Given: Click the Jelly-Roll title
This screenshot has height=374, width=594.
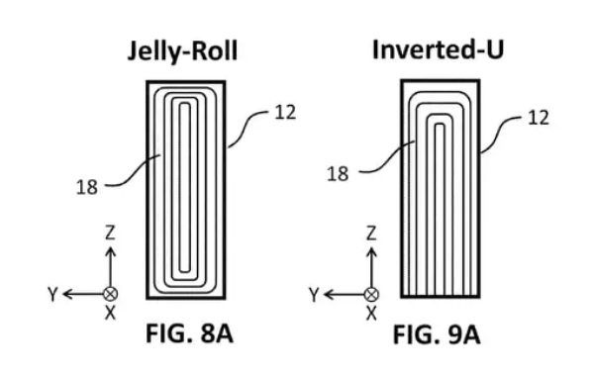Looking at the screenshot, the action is point(182,51).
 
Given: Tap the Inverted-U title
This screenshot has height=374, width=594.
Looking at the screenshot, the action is point(438,49).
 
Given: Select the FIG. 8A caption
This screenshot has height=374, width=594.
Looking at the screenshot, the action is point(189,333).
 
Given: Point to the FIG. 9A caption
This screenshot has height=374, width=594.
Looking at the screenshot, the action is point(437,335).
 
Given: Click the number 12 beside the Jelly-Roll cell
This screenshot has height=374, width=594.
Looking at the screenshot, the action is point(285,113).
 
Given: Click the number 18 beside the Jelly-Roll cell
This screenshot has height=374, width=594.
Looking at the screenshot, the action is point(87,187).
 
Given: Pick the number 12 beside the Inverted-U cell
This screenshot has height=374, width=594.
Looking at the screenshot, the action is point(538,118).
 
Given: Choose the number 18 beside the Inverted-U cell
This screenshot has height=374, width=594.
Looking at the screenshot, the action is point(338,174).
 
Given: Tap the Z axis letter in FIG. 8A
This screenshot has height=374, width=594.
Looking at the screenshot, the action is point(110,233).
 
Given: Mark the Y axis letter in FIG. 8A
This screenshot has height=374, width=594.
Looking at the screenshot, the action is point(53,294).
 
